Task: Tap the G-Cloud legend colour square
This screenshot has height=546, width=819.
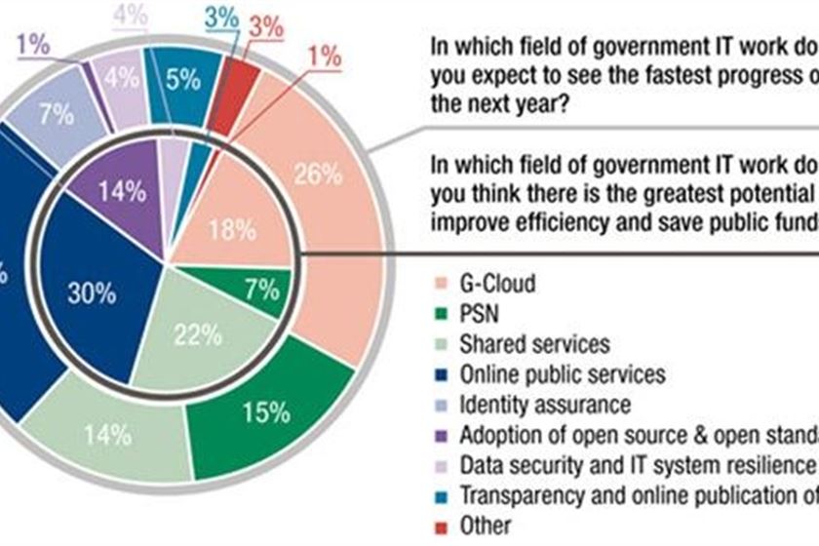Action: (x=441, y=287)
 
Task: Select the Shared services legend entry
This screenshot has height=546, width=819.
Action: (x=534, y=344)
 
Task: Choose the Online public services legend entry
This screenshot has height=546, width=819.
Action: (x=562, y=373)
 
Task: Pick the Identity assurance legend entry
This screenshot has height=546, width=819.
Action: (x=544, y=403)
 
